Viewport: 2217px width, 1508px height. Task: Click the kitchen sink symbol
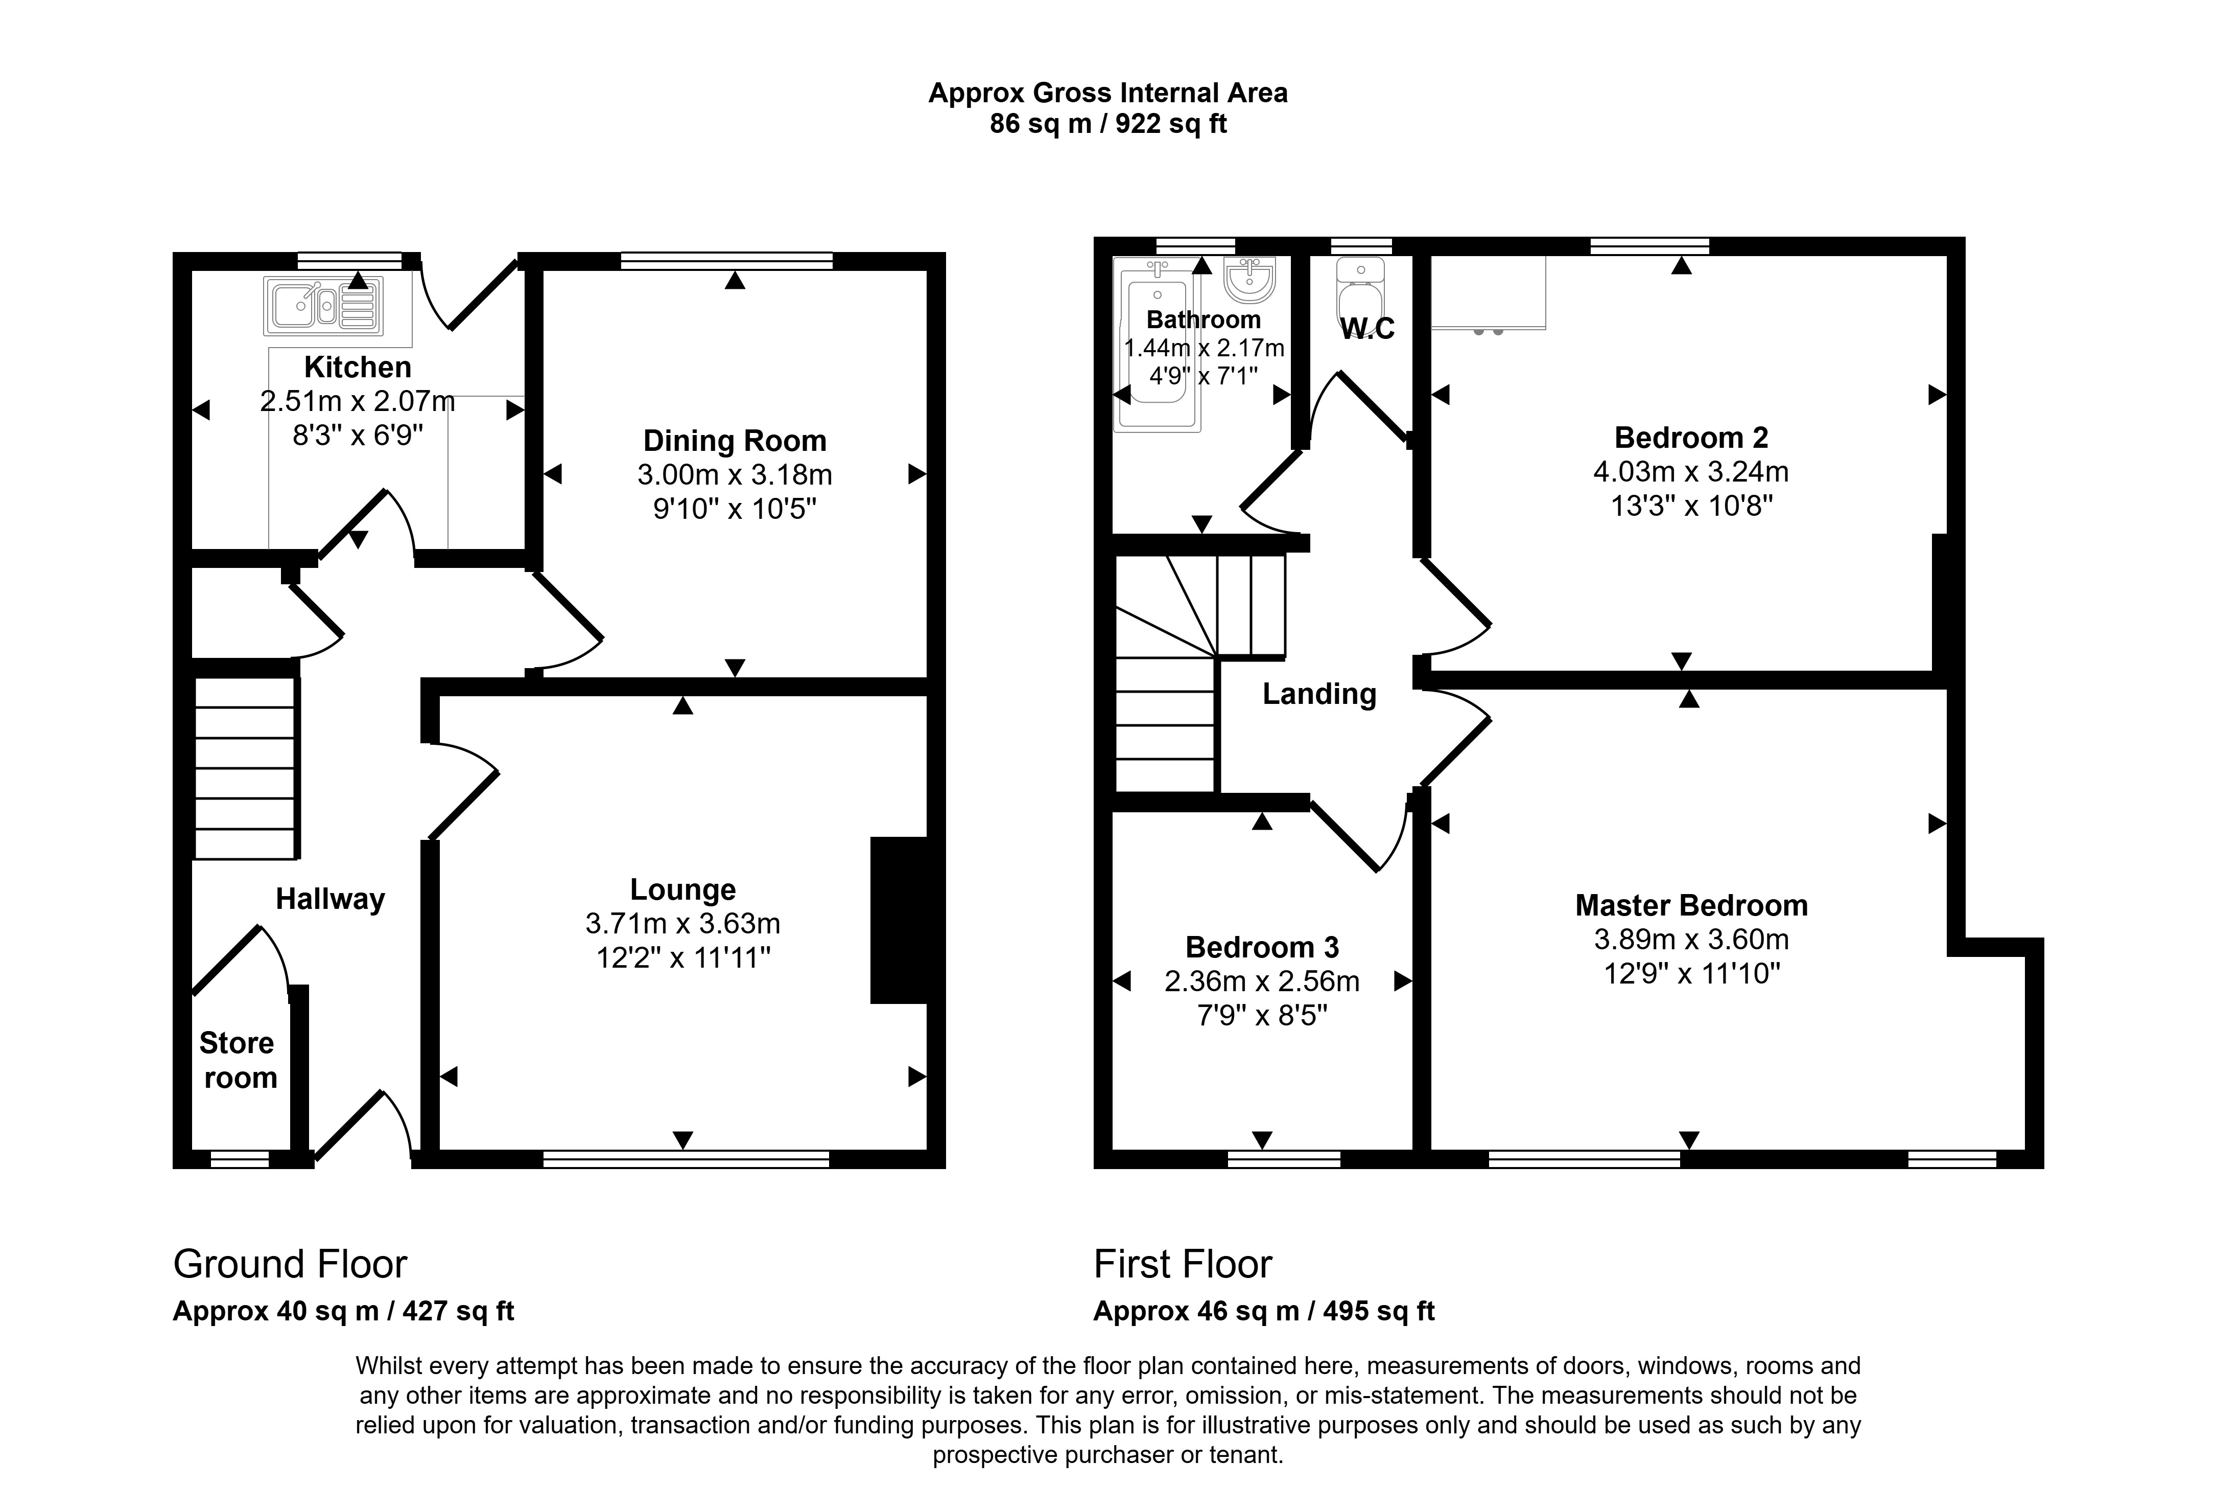click(323, 305)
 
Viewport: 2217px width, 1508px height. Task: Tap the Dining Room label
click(735, 441)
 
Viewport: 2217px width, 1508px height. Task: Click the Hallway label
click(330, 899)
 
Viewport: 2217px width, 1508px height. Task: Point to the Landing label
click(1319, 694)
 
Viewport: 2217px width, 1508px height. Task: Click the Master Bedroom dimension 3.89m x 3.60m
click(1691, 939)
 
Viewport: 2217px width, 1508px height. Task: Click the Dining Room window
click(727, 261)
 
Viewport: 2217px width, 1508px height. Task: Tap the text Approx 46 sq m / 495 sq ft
click(1264, 1311)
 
